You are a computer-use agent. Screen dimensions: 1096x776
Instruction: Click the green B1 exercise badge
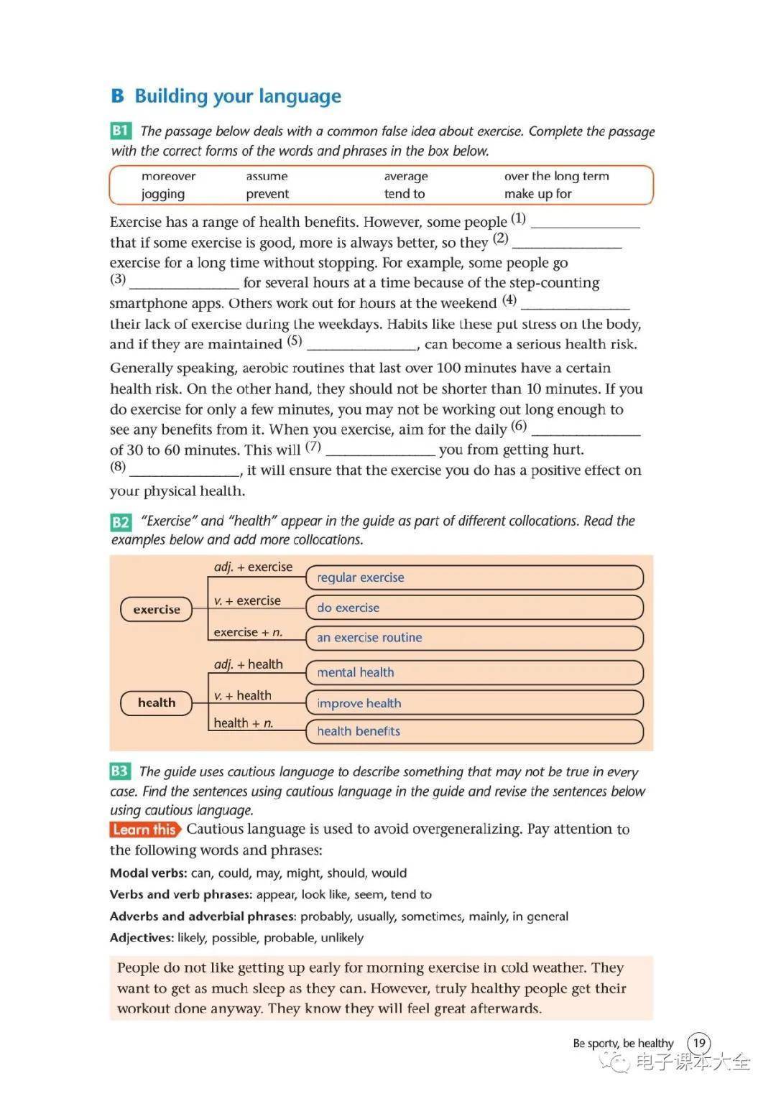click(x=121, y=131)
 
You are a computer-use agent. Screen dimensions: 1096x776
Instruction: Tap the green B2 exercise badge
click(x=121, y=522)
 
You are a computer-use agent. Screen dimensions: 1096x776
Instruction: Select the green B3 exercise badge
click(x=119, y=771)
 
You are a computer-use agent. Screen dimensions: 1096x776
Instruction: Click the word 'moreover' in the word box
click(x=168, y=176)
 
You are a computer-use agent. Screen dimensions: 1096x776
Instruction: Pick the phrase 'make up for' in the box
click(x=537, y=194)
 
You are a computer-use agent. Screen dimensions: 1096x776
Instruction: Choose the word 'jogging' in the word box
click(x=163, y=194)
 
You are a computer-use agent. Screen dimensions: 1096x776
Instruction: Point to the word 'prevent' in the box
click(x=267, y=194)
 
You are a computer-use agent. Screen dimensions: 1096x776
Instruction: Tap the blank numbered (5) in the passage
click(x=361, y=344)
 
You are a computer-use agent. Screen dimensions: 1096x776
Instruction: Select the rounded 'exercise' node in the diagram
click(x=157, y=609)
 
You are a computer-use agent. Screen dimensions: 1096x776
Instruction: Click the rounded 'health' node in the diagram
click(x=157, y=702)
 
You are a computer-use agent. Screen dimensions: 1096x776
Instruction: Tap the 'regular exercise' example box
click(x=474, y=577)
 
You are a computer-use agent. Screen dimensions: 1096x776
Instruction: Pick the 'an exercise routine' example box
click(x=474, y=638)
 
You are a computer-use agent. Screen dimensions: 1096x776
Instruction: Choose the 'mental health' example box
click(x=474, y=672)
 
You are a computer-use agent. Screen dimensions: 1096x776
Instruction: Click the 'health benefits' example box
click(x=474, y=731)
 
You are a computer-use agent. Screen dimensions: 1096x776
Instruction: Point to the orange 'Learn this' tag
click(x=144, y=830)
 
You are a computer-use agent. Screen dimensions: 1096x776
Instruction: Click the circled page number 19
click(x=699, y=1043)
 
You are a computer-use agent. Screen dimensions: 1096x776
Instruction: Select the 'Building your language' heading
click(x=237, y=96)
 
